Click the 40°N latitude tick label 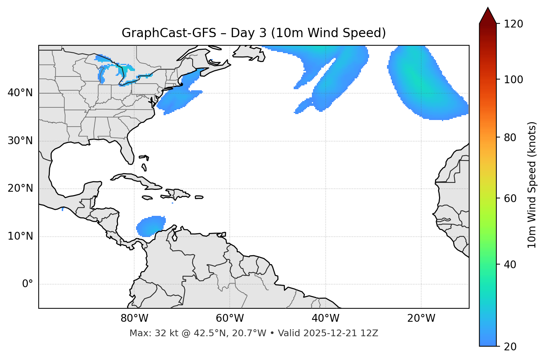pos(20,93)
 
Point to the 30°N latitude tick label pos(20,141)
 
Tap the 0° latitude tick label pos(28,284)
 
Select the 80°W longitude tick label pos(134,318)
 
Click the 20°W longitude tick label pos(421,318)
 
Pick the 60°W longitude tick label pos(230,318)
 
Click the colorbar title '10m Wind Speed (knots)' pos(532,185)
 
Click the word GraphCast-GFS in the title pos(169,33)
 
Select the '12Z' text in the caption pos(370,333)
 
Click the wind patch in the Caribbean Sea pos(151,226)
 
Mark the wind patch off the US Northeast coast pos(178,97)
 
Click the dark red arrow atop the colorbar pos(488,16)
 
